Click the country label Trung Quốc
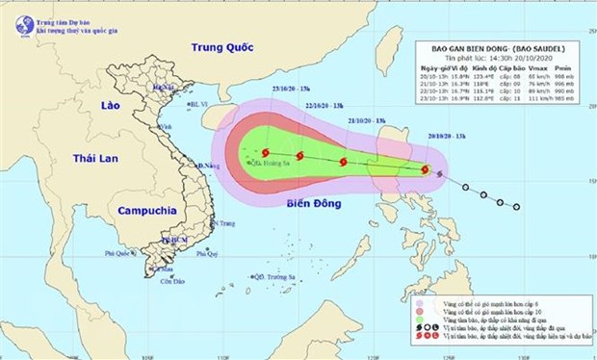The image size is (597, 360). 220,46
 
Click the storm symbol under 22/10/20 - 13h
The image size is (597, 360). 300,156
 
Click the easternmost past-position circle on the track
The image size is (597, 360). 517,207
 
